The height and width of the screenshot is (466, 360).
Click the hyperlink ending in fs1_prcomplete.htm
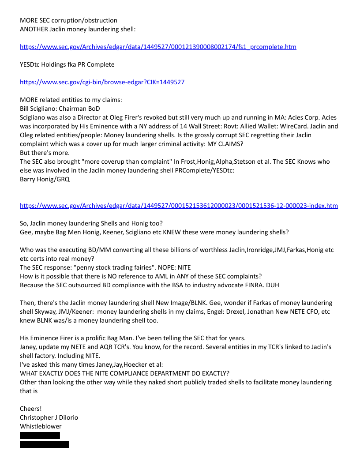[158, 47]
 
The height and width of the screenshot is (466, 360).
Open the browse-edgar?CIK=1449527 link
[102, 82]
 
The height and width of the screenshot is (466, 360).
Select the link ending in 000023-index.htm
[179, 206]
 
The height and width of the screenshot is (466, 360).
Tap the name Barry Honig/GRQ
[45, 179]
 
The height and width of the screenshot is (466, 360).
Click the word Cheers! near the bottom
[30, 409]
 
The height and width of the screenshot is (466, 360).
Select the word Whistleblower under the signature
[41, 426]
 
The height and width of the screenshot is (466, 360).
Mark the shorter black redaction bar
[40, 436]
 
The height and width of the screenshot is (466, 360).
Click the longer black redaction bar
[44, 444]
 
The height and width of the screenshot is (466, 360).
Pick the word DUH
[271, 285]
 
